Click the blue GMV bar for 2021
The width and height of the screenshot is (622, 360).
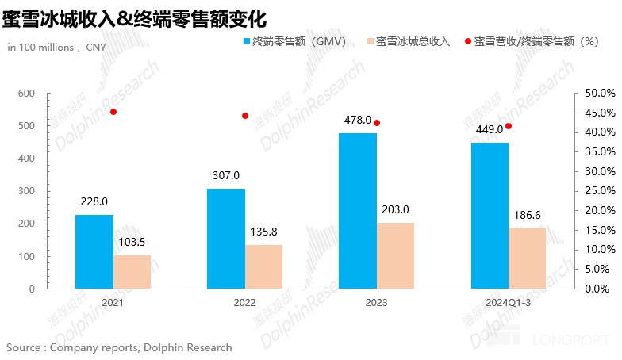click(x=94, y=251)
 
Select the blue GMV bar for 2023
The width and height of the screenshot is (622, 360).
click(x=358, y=211)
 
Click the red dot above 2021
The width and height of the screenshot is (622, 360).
click(x=113, y=112)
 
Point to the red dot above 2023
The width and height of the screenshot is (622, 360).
click(x=377, y=123)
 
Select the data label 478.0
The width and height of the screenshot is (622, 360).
click(x=358, y=120)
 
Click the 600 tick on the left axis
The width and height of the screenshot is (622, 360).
click(x=26, y=94)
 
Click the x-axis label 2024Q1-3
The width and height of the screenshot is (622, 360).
click(x=509, y=302)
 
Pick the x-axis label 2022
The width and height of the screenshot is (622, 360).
click(x=245, y=302)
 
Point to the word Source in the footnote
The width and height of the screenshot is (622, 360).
click(x=25, y=347)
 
